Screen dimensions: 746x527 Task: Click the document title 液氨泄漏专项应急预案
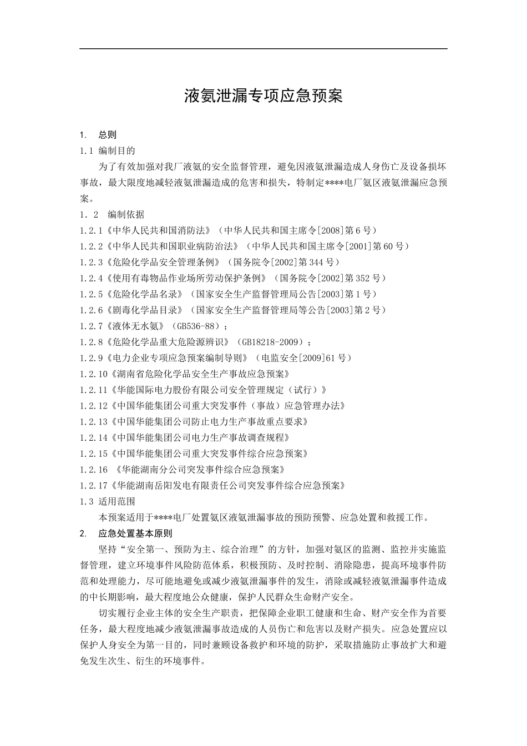click(x=263, y=96)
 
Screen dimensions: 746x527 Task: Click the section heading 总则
click(x=108, y=134)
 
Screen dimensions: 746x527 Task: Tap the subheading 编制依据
click(x=126, y=214)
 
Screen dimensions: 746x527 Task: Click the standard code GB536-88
click(x=200, y=326)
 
